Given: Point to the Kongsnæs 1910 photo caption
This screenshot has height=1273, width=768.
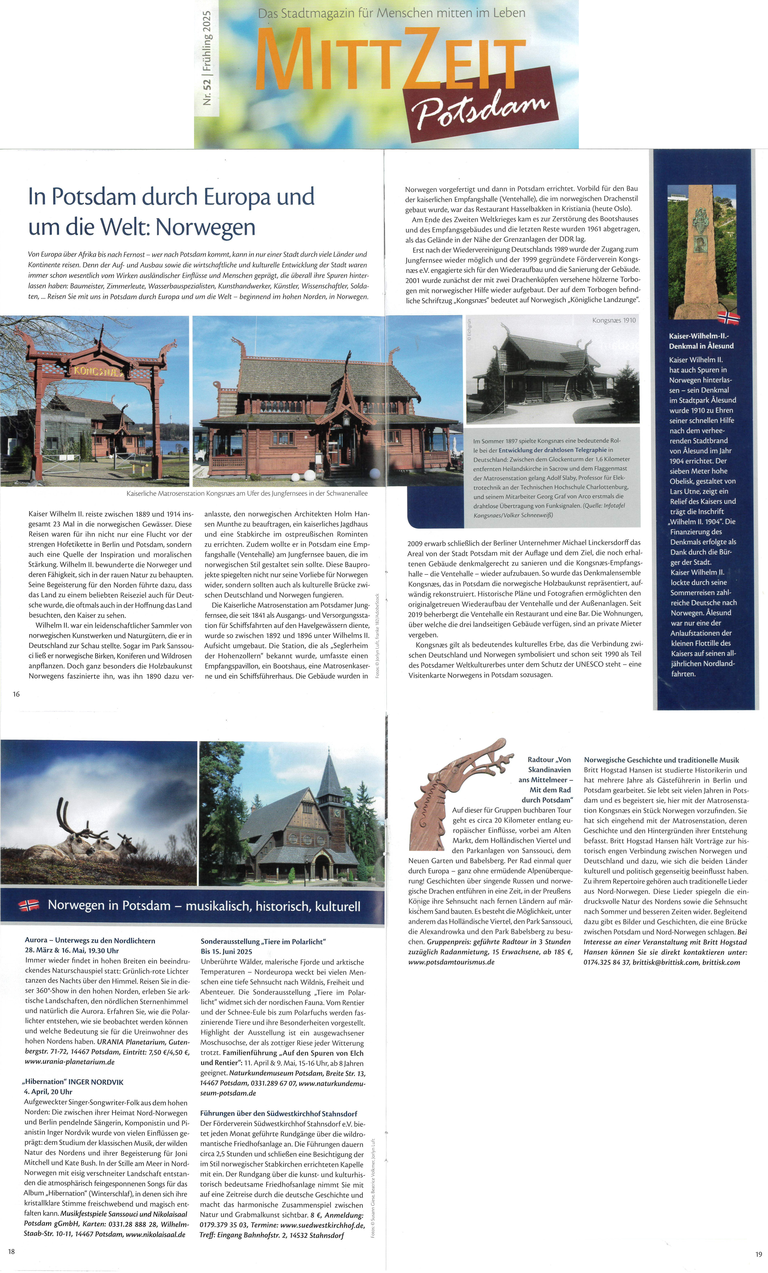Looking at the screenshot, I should point(614,320).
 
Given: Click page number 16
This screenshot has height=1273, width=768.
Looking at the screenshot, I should point(17,694).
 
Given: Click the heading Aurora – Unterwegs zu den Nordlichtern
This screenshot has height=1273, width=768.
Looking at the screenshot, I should point(90,940).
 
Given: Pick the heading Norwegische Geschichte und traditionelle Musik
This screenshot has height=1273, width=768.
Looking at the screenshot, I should point(661,760).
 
